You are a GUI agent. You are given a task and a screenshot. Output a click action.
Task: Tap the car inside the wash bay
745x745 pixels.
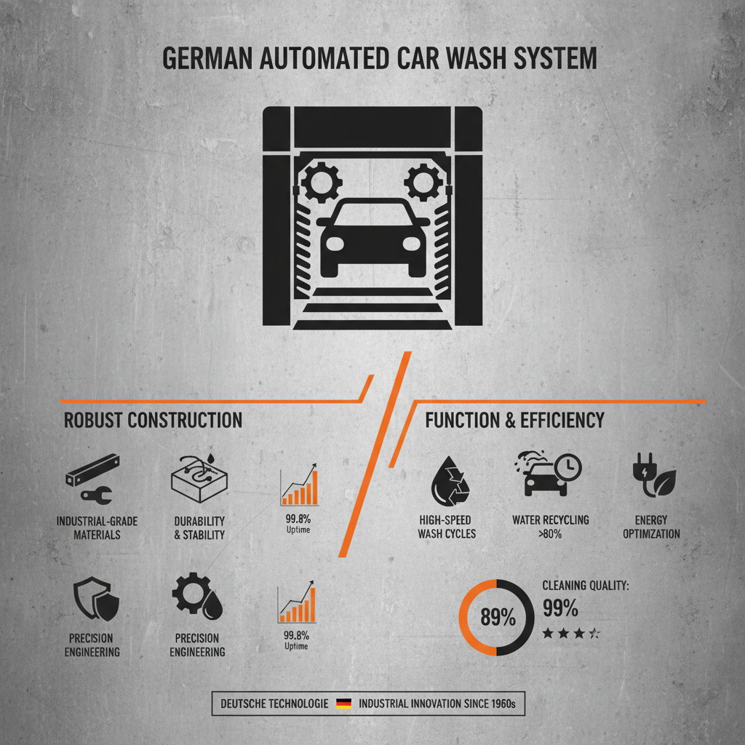(373, 236)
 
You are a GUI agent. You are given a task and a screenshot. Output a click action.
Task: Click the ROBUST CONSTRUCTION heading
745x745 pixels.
(153, 420)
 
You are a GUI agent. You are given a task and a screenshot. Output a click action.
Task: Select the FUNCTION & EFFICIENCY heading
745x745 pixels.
(514, 420)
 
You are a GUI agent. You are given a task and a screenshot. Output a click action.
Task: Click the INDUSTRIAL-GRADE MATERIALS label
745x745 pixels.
(97, 527)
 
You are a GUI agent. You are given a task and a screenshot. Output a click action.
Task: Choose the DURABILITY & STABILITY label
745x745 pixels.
(199, 527)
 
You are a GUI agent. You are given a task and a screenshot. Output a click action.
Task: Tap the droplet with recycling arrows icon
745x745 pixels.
(446, 479)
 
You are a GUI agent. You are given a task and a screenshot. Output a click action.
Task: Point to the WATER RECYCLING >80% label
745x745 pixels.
(550, 527)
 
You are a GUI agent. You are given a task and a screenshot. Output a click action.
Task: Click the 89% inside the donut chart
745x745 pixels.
(498, 618)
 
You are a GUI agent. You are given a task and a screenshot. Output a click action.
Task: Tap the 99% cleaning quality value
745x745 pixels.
(560, 607)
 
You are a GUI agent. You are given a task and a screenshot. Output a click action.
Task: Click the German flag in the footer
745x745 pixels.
(343, 704)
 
